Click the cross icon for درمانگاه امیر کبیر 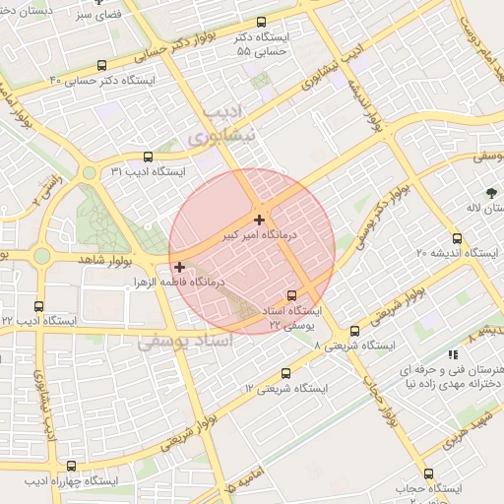(x=259, y=220)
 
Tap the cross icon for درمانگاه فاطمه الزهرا (x=179, y=266)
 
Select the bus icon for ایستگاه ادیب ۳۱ (x=148, y=156)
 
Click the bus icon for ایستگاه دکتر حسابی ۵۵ (x=261, y=22)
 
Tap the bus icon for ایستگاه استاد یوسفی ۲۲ (x=291, y=294)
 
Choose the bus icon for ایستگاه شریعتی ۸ (x=354, y=331)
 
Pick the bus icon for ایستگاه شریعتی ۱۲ (x=286, y=373)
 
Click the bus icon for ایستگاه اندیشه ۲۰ (x=456, y=237)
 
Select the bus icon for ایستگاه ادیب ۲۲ (x=38, y=306)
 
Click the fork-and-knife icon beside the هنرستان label (x=453, y=353)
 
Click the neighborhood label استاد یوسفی (x=184, y=342)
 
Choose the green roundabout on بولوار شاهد (x=41, y=256)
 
